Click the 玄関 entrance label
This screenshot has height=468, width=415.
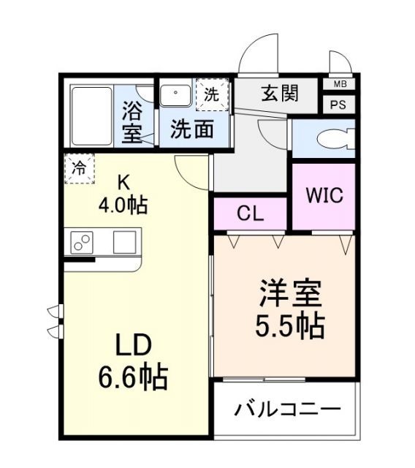281,94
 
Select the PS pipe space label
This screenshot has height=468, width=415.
338,104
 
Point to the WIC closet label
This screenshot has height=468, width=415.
324,196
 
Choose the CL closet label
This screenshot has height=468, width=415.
251,213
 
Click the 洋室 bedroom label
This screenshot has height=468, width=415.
290,296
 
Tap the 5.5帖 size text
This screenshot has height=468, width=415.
290,325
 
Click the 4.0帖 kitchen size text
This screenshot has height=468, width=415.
123,204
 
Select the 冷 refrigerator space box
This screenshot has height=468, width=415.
78,167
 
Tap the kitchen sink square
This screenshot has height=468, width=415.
125,241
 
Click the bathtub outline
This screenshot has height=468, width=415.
91,115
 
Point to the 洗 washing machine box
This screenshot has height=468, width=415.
211,94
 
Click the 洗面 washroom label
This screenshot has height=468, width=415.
192,129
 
